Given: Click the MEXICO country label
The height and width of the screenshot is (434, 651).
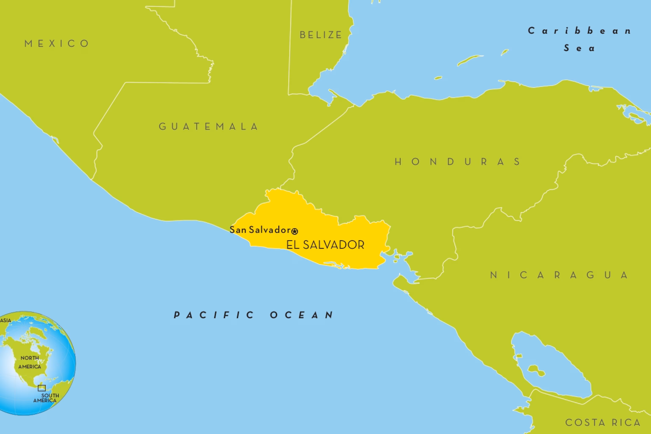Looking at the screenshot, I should click(57, 44).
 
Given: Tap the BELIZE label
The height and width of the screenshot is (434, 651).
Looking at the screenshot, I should click(321, 35).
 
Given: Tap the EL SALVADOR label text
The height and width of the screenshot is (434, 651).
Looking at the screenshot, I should click(325, 245).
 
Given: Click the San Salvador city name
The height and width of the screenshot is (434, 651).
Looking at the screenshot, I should click(260, 230).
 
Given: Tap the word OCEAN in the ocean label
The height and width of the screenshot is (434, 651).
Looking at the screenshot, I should click(302, 315).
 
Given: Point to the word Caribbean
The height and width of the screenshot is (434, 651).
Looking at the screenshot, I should click(579, 31).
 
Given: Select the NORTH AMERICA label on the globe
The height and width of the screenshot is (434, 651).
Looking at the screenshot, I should click(30, 362).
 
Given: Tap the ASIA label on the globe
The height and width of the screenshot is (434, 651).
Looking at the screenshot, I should click(6, 320).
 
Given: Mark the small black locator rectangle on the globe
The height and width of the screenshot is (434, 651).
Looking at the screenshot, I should click(42, 388).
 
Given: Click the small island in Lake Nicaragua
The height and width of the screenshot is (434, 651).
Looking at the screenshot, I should click(536, 370).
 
